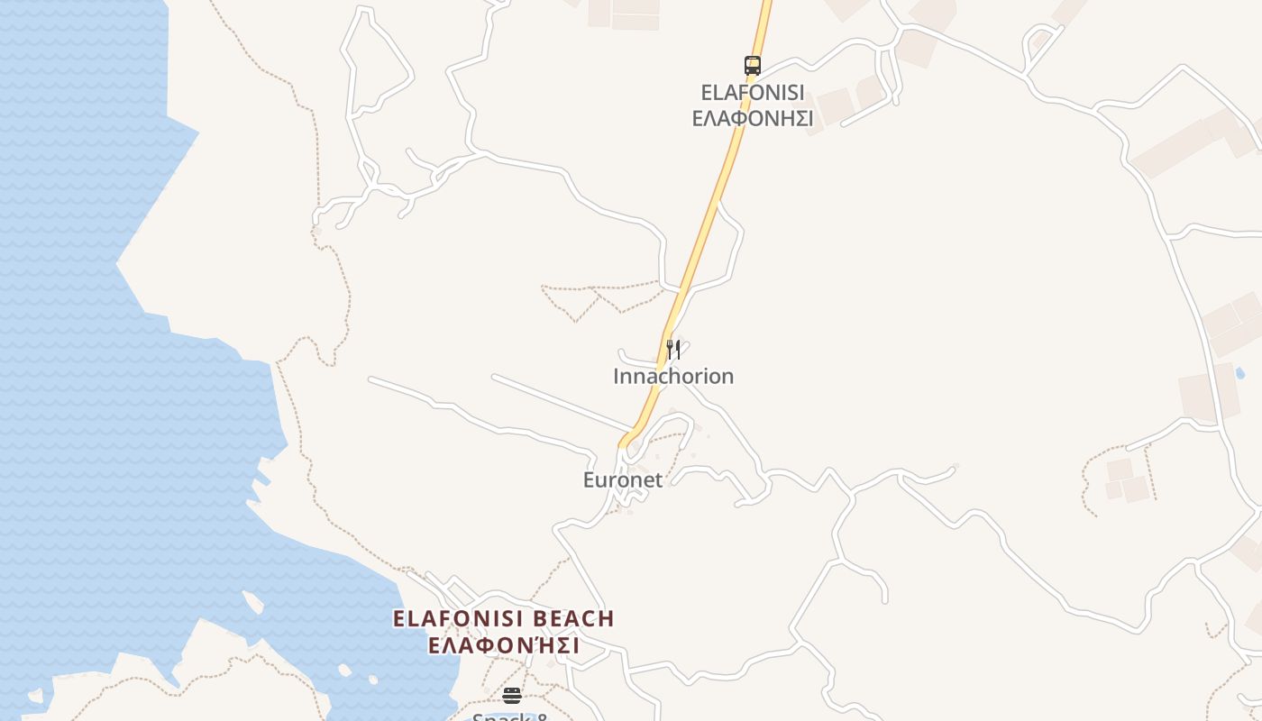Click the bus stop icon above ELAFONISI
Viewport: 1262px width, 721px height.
tap(752, 65)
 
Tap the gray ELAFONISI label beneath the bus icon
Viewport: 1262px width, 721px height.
tap(752, 93)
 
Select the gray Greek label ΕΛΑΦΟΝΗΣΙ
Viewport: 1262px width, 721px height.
tap(752, 118)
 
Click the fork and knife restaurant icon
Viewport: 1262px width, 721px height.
tap(672, 349)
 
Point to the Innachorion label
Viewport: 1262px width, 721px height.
tap(673, 376)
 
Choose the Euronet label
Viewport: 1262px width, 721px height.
tap(622, 479)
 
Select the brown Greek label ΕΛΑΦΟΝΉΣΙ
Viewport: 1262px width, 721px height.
tap(503, 646)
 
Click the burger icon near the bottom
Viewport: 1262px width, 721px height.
tap(512, 695)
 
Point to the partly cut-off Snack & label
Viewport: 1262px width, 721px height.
tap(511, 716)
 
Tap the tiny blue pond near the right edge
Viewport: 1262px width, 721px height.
tap(1239, 372)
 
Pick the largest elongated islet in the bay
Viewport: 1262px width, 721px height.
tap(252, 602)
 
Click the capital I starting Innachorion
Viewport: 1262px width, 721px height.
tap(617, 376)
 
